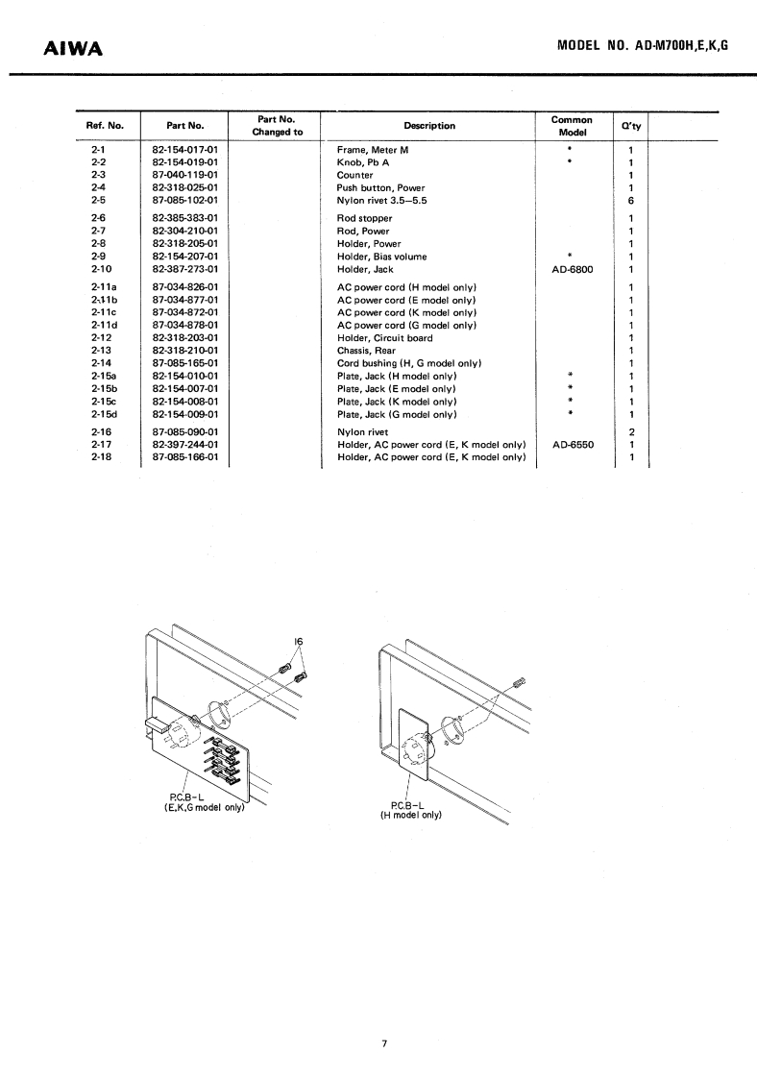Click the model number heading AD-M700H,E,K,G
point(642,44)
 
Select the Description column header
point(429,125)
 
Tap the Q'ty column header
point(631,126)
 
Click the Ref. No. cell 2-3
point(97,176)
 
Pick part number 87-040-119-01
point(185,176)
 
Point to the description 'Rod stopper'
point(365,218)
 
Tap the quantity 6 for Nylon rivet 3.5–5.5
point(631,201)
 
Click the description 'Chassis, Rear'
point(368,351)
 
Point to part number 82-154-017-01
point(185,151)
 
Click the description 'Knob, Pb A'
point(363,163)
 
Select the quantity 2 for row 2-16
point(631,432)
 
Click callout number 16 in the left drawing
point(299,642)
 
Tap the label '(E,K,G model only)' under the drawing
point(205,807)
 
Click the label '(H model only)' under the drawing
point(410,815)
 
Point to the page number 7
point(383,1043)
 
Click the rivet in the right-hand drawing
point(521,683)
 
